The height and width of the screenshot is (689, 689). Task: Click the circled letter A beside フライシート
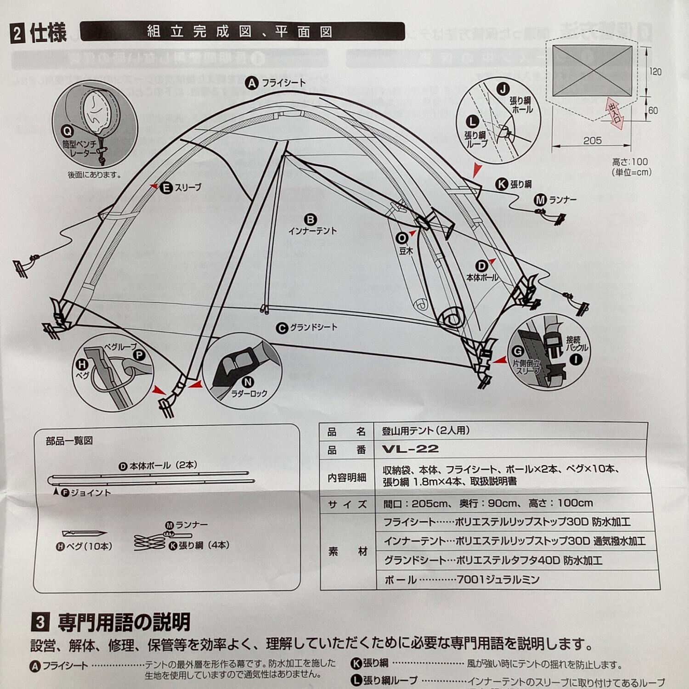[252, 84]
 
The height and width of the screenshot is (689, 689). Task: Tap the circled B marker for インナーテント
[311, 220]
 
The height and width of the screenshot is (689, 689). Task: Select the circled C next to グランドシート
[282, 328]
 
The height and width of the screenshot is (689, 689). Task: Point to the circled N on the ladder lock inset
[248, 382]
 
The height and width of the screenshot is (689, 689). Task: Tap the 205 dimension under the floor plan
[592, 141]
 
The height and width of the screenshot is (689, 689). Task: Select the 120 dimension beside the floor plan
[655, 72]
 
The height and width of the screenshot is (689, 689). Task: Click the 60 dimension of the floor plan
[653, 111]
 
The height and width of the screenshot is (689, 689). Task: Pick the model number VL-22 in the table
[410, 449]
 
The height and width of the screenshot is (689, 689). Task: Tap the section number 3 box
[40, 622]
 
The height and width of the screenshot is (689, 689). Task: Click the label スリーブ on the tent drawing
[187, 187]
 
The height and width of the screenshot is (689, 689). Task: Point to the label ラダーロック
[248, 394]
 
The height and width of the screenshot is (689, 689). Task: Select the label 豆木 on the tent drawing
[406, 251]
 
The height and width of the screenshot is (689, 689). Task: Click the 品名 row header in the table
[347, 431]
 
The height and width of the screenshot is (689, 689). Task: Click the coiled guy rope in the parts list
[149, 542]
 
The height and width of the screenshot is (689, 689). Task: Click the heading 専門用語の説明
[124, 623]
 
